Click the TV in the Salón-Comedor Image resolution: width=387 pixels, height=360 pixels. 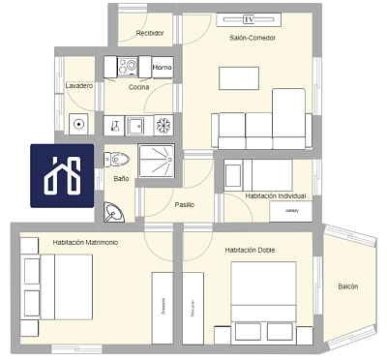[x=250, y=19]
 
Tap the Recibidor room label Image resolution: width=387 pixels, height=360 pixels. [x=149, y=33]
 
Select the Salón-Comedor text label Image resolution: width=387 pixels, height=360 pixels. [x=253, y=38]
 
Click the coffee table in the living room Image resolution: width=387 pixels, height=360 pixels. [x=238, y=77]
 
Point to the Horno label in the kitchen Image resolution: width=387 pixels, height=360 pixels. [x=163, y=67]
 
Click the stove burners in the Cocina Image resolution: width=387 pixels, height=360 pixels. [x=128, y=67]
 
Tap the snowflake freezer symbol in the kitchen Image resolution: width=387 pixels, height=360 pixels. [x=164, y=125]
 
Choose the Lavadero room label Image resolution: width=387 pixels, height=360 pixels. [x=79, y=86]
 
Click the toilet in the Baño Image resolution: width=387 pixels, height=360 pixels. [x=119, y=159]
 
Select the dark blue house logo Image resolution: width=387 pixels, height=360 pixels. [x=62, y=176]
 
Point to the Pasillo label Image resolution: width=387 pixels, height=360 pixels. [x=184, y=204]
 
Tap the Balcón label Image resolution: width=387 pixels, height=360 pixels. [x=348, y=286]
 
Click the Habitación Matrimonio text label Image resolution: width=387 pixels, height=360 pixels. [x=85, y=242]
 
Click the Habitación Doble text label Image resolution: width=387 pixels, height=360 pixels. [x=250, y=250]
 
